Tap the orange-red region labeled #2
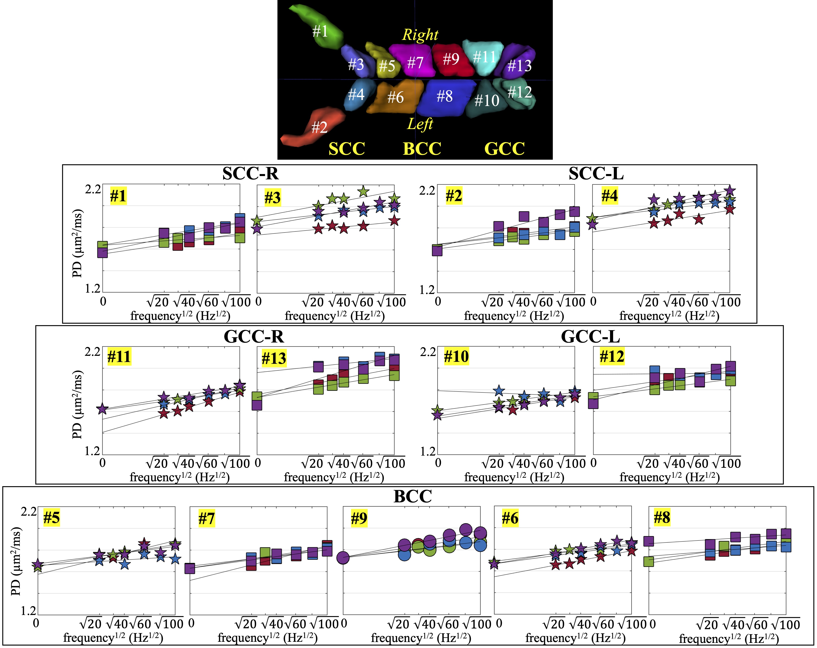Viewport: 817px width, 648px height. (314, 127)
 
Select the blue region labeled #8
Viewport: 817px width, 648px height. (445, 97)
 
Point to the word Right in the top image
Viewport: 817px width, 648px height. (420, 35)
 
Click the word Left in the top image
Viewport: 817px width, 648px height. (420, 124)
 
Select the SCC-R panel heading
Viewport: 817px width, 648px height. (250, 174)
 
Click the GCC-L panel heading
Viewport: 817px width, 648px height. (590, 336)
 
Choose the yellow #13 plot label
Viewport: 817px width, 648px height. (274, 358)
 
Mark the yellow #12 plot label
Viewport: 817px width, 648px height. (612, 356)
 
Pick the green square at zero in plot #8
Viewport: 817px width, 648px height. (649, 561)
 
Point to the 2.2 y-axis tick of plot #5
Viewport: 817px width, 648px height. (28, 511)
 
